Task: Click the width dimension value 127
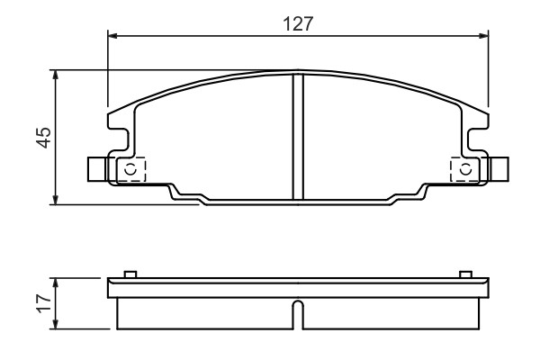pyautogui.click(x=299, y=24)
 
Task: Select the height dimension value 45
pyautogui.click(x=42, y=137)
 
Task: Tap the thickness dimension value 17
pyautogui.click(x=42, y=304)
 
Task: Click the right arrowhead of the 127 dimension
pyautogui.click(x=485, y=37)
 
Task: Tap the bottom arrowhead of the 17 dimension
pyautogui.click(x=58, y=325)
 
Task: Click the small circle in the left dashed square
pyautogui.click(x=131, y=169)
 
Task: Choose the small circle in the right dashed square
pyautogui.click(x=465, y=169)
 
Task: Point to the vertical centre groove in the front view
pyautogui.click(x=299, y=135)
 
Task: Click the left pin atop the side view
pyautogui.click(x=130, y=274)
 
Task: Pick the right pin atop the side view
pyautogui.click(x=465, y=274)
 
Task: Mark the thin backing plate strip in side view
pyautogui.click(x=299, y=288)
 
